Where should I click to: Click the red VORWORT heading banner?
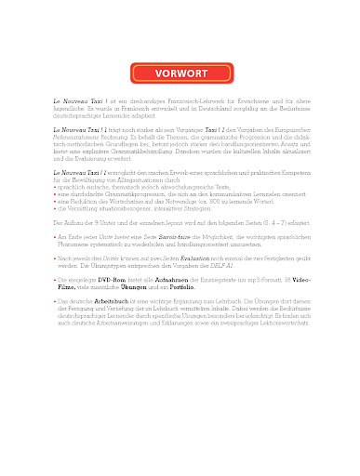pyautogui.click(x=180, y=73)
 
